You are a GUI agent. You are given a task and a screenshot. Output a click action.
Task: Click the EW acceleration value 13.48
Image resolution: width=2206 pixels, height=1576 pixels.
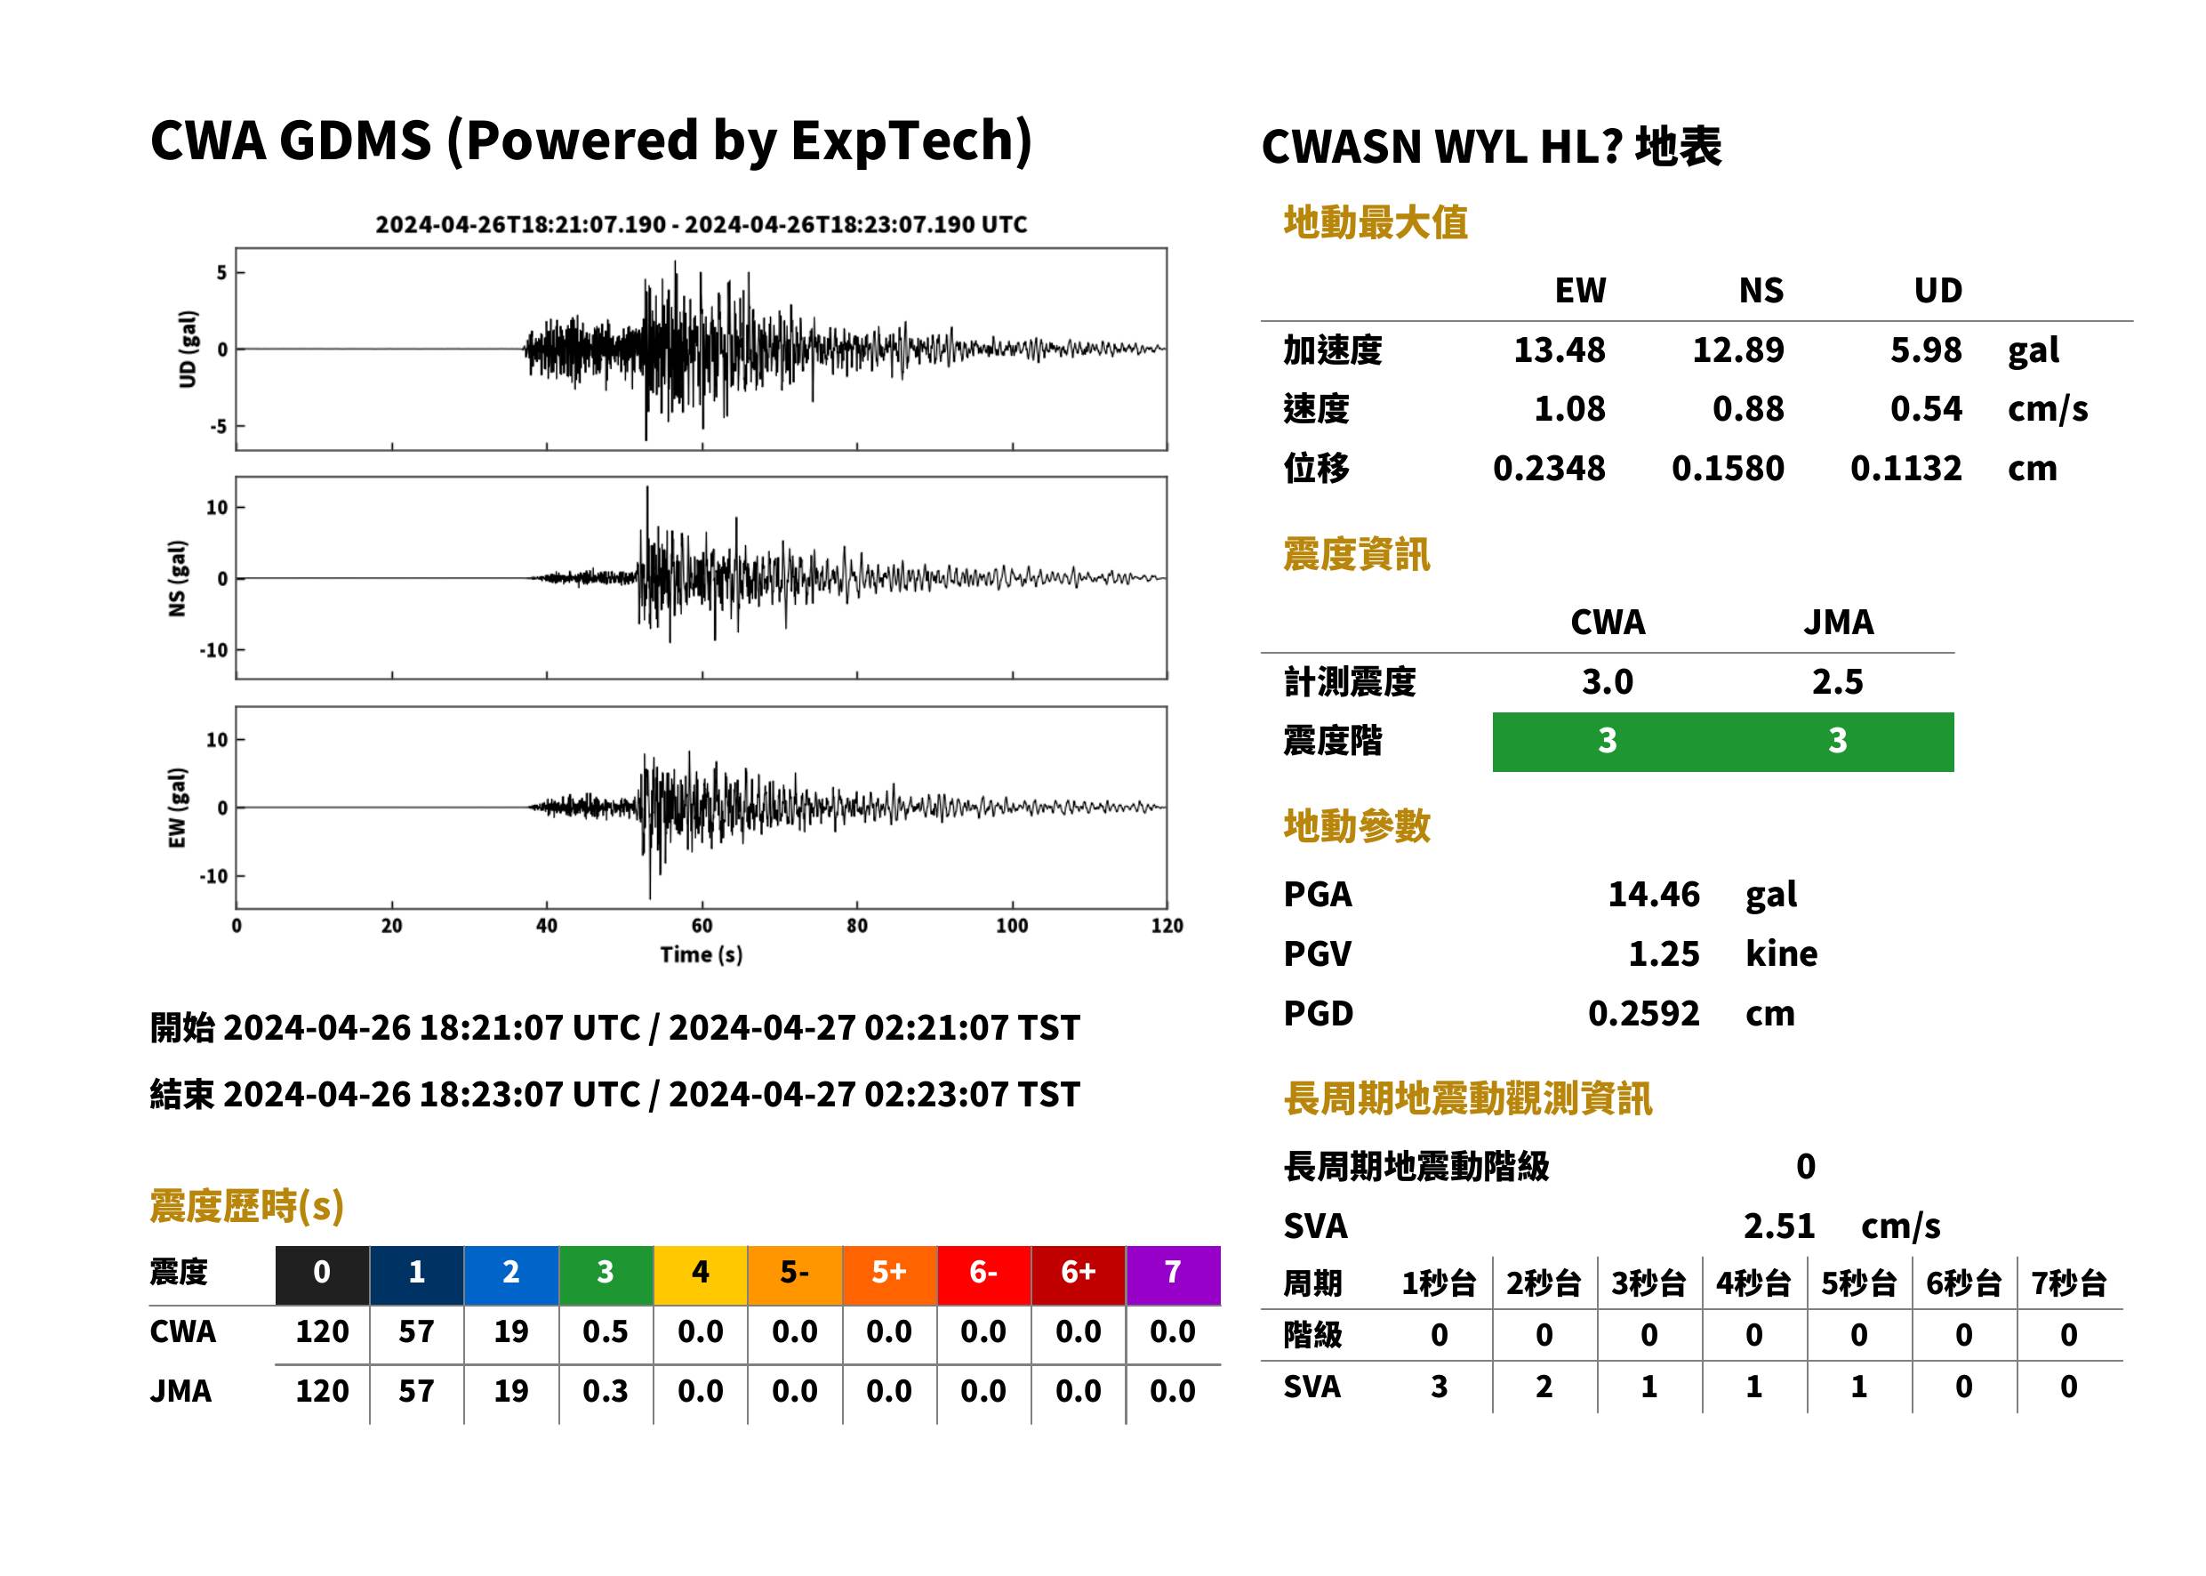click(x=1559, y=350)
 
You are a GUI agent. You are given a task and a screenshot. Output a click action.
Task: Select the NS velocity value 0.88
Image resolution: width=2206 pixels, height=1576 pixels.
click(x=1747, y=409)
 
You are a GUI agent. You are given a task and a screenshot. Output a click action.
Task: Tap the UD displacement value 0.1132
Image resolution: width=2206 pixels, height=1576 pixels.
click(x=1905, y=469)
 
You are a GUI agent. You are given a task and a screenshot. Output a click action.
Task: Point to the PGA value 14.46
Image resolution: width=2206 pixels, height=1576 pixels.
click(x=1653, y=894)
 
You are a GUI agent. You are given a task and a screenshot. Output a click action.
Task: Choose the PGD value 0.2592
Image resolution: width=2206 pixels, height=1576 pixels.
click(x=1643, y=1013)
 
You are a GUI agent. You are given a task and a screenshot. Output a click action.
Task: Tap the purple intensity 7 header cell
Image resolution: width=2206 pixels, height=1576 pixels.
click(x=1173, y=1274)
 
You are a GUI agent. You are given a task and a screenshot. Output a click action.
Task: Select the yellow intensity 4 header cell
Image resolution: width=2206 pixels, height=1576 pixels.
click(x=701, y=1274)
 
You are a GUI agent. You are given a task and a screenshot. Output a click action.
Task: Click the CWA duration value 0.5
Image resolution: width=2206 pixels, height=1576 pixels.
click(x=606, y=1331)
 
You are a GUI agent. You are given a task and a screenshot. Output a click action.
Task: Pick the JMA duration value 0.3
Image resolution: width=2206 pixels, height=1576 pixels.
click(x=606, y=1392)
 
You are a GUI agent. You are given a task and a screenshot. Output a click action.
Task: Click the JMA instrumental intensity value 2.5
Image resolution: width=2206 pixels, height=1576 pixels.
click(x=1837, y=682)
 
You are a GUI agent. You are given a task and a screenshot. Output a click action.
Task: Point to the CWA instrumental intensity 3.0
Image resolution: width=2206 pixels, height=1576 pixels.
click(x=1608, y=682)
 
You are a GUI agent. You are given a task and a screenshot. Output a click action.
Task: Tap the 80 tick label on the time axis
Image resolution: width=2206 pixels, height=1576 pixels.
click(x=856, y=926)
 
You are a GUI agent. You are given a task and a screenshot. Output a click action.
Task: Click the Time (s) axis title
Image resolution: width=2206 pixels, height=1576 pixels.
click(x=702, y=955)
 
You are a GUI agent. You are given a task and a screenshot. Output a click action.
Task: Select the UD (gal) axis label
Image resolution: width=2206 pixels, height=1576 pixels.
click(x=188, y=350)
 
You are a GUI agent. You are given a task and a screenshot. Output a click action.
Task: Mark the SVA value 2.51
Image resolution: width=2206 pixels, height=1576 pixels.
click(x=1778, y=1226)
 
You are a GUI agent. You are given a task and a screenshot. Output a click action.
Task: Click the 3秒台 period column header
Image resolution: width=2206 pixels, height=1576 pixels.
click(x=1648, y=1284)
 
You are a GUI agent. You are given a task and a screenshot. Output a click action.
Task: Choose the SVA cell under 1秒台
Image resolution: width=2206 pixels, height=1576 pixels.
click(x=1439, y=1387)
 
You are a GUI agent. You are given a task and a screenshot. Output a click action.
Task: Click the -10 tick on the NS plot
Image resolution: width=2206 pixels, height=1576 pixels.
click(x=214, y=650)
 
